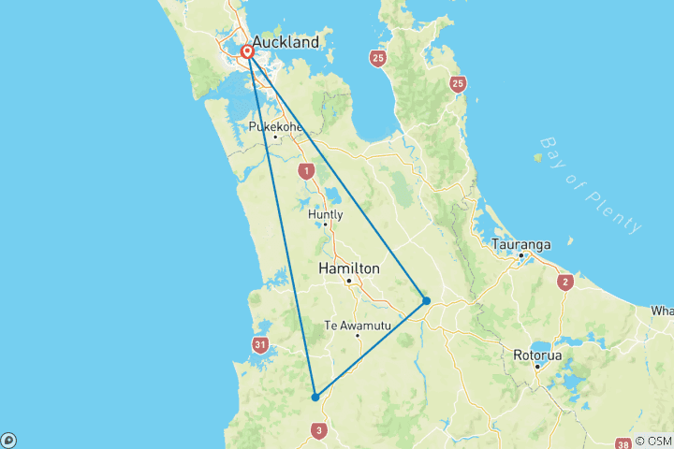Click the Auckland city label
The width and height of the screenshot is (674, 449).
tap(285, 42)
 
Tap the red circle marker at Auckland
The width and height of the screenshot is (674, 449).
tap(248, 52)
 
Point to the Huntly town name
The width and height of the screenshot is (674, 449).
tap(325, 214)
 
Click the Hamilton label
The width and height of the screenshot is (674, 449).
tap(349, 268)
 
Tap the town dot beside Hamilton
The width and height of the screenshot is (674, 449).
tap(348, 281)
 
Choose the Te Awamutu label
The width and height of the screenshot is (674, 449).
tap(355, 326)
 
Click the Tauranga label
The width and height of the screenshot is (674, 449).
tap(520, 244)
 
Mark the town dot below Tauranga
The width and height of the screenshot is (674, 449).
tap(520, 255)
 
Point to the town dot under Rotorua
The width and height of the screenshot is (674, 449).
tap(537, 366)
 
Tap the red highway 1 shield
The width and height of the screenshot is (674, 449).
tap(306, 172)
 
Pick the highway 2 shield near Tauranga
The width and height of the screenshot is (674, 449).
tap(564, 282)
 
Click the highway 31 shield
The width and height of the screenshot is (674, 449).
tap(259, 345)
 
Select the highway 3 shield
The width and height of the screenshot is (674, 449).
tap(320, 430)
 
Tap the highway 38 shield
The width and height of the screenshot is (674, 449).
tap(623, 443)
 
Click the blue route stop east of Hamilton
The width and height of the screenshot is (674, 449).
tap(426, 300)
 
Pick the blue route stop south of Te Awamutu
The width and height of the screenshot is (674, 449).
tap(315, 397)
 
